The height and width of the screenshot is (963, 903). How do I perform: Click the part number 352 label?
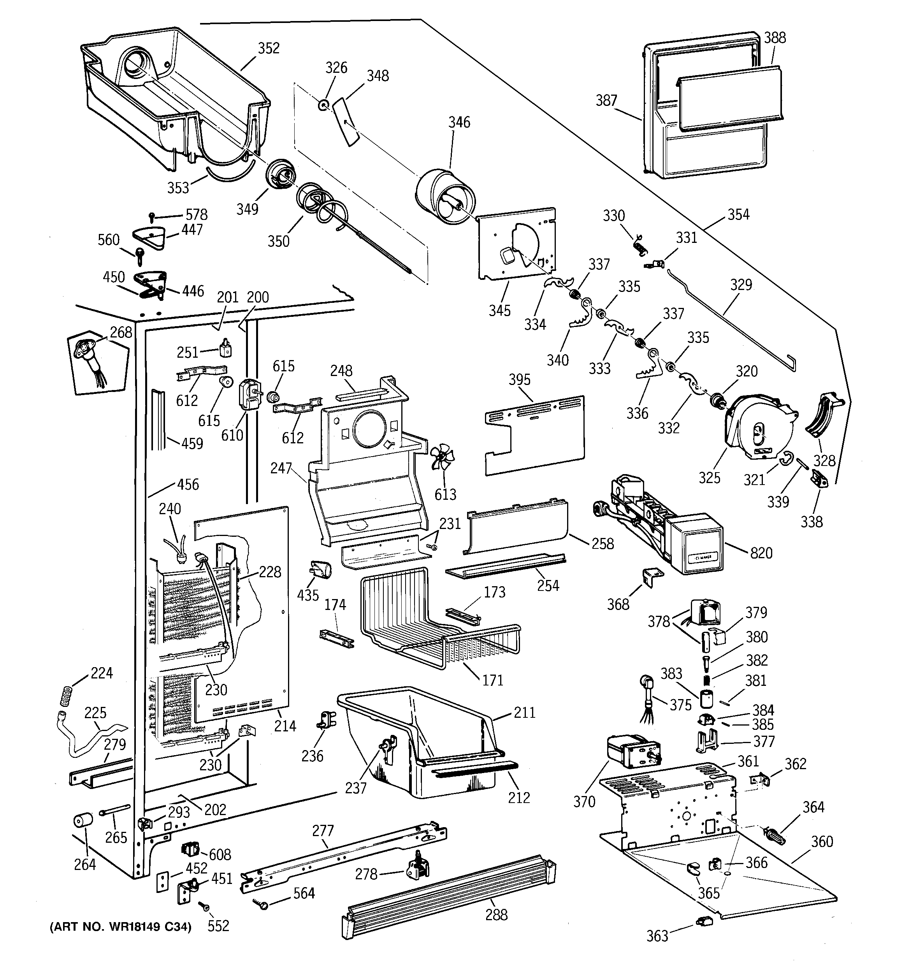click(x=269, y=48)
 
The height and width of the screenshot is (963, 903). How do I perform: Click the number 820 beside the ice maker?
click(x=761, y=553)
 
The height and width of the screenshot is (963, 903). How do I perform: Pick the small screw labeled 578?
click(x=152, y=216)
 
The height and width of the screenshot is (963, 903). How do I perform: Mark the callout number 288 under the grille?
click(x=496, y=915)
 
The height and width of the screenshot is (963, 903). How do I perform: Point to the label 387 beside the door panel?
click(x=606, y=100)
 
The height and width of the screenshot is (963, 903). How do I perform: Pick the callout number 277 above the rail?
click(x=323, y=831)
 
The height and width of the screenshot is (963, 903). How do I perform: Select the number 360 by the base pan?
click(x=822, y=842)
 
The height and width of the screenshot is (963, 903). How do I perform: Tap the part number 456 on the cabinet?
click(x=188, y=484)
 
